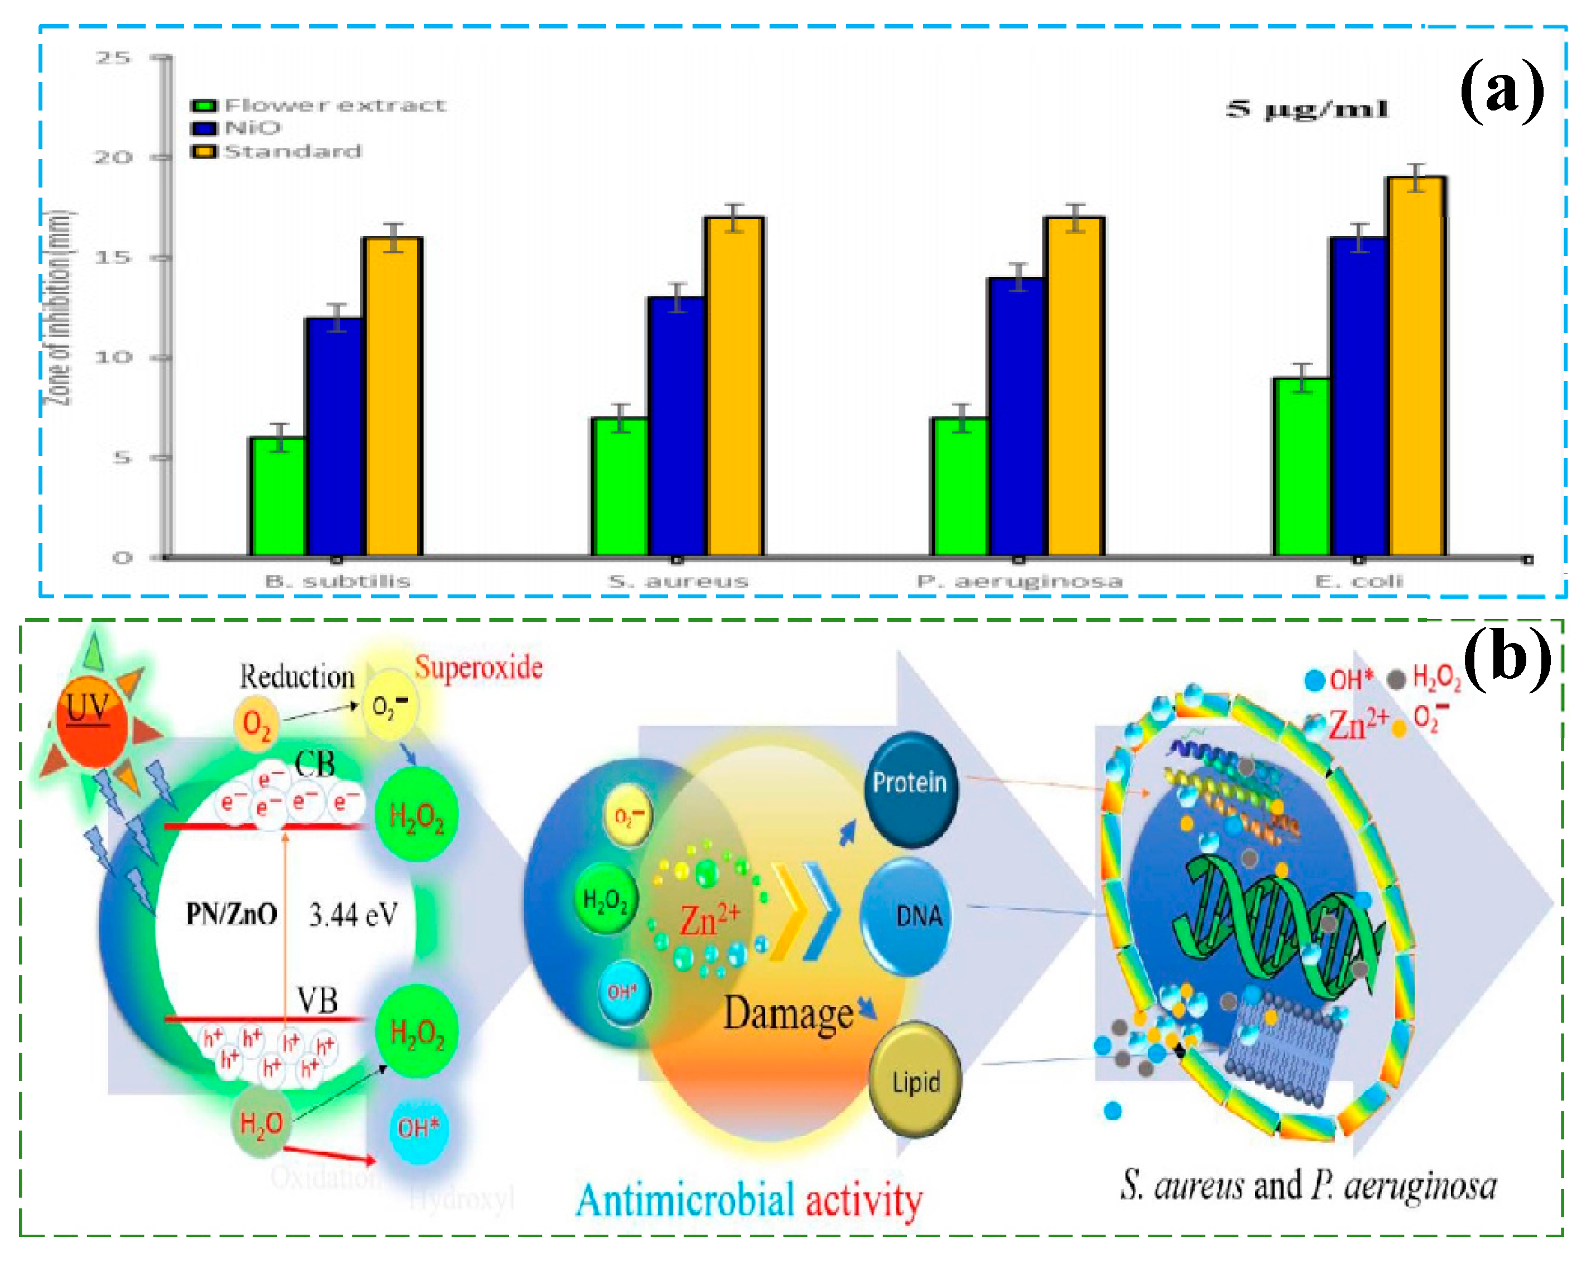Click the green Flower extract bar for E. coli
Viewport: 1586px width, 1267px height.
(1301, 468)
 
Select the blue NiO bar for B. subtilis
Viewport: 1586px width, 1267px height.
(335, 437)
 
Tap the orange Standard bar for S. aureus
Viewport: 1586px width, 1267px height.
(734, 386)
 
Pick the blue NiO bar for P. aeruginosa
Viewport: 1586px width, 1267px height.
(1017, 417)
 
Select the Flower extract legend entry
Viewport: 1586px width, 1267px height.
(319, 105)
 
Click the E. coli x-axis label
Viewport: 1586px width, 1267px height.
(1359, 581)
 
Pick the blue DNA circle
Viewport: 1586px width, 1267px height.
(906, 916)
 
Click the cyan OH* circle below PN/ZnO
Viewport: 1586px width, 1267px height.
(418, 1129)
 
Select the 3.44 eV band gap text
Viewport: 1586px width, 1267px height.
(353, 915)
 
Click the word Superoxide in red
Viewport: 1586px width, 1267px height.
(478, 668)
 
